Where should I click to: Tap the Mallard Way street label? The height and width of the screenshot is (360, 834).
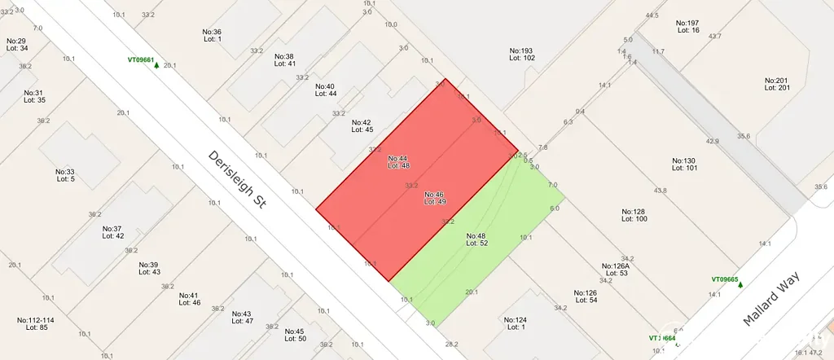(773, 298)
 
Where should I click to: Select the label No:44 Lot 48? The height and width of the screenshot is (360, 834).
(398, 161)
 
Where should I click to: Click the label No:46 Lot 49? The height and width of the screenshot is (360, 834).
(434, 198)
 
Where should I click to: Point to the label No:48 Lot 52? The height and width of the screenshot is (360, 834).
(476, 239)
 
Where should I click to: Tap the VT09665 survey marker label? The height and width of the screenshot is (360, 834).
(724, 279)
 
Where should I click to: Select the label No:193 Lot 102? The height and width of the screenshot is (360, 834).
(522, 54)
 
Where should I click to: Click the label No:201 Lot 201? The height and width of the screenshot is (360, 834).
(778, 84)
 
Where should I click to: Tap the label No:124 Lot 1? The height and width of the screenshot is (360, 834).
(515, 323)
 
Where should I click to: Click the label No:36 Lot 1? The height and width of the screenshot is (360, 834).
(212, 35)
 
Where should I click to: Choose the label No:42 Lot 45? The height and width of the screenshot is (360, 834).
(362, 126)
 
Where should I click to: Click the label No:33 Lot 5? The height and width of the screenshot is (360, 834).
(65, 175)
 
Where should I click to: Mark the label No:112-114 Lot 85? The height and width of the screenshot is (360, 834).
(35, 323)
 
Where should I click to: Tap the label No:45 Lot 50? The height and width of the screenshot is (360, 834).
(295, 335)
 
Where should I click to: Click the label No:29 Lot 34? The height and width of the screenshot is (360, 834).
(16, 44)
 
